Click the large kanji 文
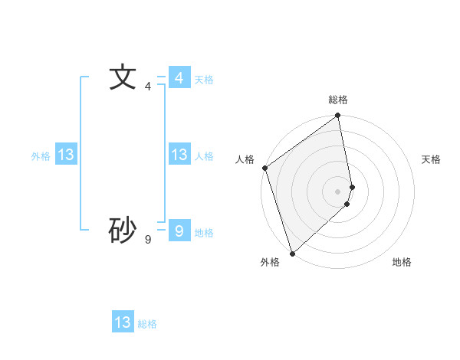point(123,78)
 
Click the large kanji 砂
point(123,230)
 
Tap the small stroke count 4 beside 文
point(148,87)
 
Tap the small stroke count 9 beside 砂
point(148,240)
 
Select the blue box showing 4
point(179,78)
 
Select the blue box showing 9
point(179,231)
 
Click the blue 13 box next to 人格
point(179,155)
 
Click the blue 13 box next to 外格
point(66,155)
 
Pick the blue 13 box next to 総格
point(123,322)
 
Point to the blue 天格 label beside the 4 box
point(204,80)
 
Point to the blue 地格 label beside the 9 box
point(204,233)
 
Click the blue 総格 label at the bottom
point(147,324)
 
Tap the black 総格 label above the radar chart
point(338,100)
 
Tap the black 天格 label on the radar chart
point(432,159)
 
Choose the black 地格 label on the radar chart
point(402,262)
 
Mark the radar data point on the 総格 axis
point(338,116)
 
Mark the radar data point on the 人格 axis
point(264,168)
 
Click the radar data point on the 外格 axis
point(292,253)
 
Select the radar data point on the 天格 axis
point(352,187)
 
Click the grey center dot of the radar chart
point(338,191)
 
